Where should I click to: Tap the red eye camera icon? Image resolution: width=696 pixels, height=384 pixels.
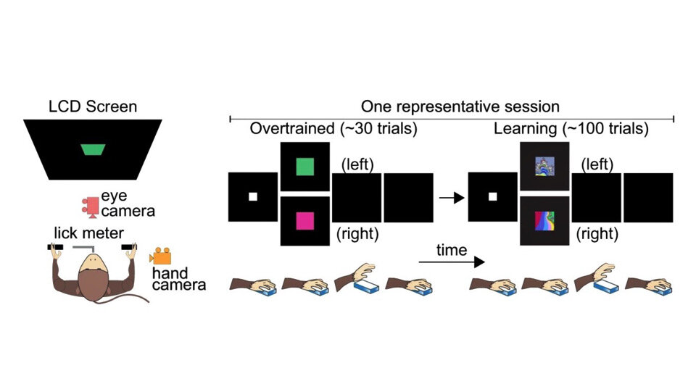(91, 205)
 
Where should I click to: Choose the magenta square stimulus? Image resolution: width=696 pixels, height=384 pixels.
(304, 220)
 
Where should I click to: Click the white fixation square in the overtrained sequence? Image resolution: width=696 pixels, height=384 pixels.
(253, 196)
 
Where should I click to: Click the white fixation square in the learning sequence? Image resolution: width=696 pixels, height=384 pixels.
(492, 196)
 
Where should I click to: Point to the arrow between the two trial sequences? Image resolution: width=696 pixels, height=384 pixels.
(452, 196)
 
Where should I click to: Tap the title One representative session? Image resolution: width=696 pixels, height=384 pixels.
(451, 107)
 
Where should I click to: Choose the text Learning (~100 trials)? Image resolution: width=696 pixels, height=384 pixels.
(571, 130)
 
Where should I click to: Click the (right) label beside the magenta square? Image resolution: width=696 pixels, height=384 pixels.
(357, 234)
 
